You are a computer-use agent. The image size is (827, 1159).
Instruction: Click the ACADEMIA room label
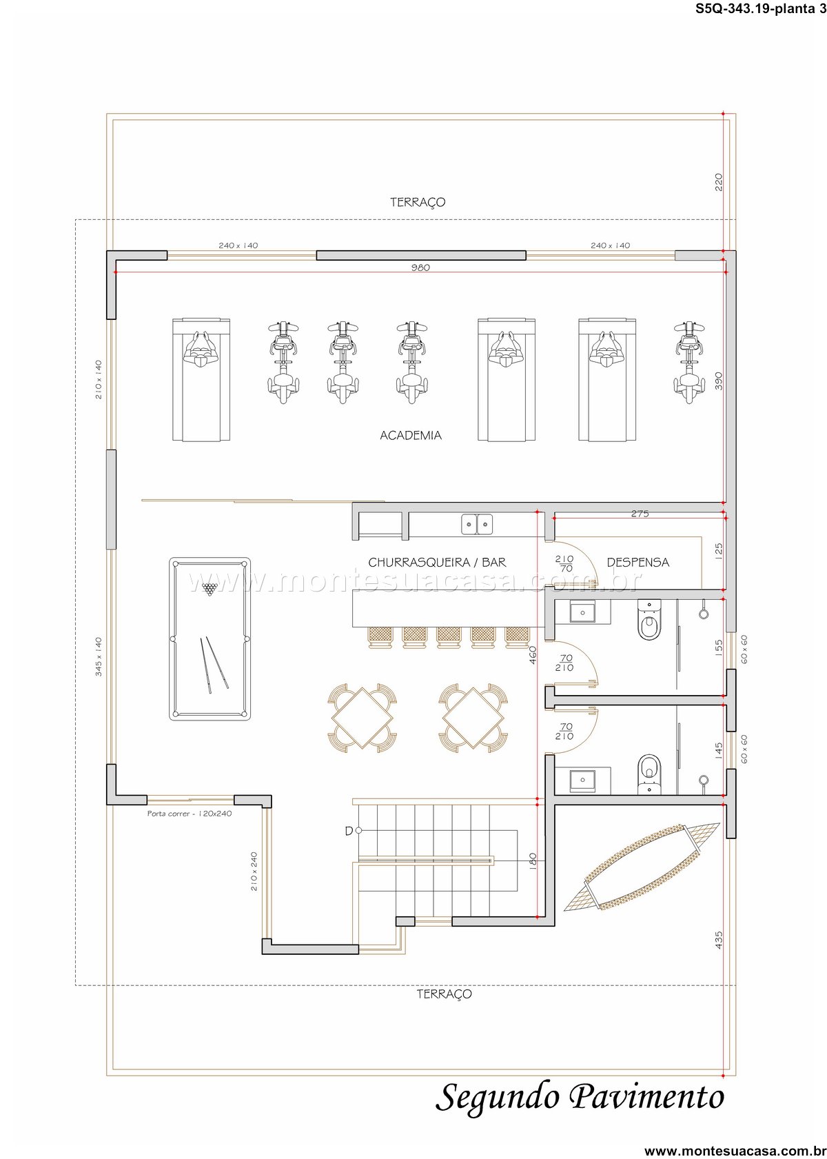pyautogui.click(x=411, y=436)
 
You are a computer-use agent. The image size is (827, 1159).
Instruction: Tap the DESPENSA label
pyautogui.click(x=637, y=563)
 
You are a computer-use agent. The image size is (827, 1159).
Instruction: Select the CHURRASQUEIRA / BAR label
pyautogui.click(x=437, y=563)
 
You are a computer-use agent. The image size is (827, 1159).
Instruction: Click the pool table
pyautogui.click(x=210, y=638)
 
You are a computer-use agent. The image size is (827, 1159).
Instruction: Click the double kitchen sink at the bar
pyautogui.click(x=477, y=525)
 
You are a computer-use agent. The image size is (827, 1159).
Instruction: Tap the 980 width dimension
pyautogui.click(x=420, y=268)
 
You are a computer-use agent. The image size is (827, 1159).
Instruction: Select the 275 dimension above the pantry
pyautogui.click(x=640, y=514)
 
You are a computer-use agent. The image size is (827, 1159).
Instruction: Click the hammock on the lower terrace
pyautogui.click(x=642, y=867)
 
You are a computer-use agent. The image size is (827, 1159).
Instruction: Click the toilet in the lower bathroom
pyautogui.click(x=650, y=774)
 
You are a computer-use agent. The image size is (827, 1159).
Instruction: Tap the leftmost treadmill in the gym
pyautogui.click(x=201, y=380)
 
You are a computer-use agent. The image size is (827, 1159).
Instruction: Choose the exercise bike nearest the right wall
pyautogui.click(x=689, y=362)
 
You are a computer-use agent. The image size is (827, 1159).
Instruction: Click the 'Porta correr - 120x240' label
pyautogui.click(x=190, y=814)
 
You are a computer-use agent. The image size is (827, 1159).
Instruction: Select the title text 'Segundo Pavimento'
pyautogui.click(x=580, y=1098)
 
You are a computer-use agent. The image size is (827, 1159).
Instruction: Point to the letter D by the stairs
pyautogui.click(x=349, y=830)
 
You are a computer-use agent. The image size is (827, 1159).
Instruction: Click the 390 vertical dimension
pyautogui.click(x=718, y=381)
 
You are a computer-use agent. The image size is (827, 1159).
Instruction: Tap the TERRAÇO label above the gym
pyautogui.click(x=418, y=202)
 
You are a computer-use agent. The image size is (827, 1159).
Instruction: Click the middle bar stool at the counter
pyautogui.click(x=449, y=637)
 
